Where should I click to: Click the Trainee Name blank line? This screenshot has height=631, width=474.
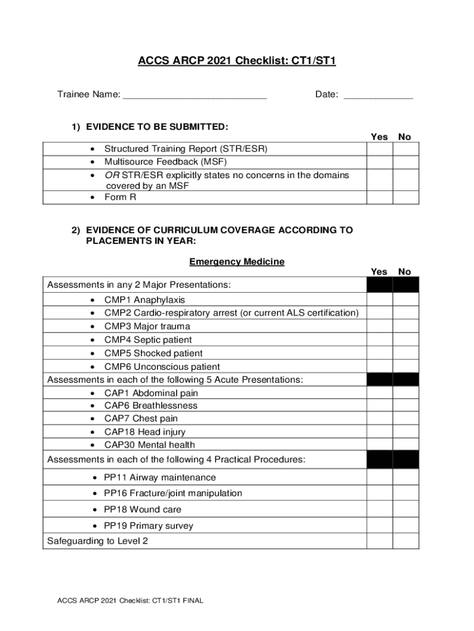tap(195, 96)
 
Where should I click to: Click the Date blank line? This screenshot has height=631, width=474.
tap(378, 96)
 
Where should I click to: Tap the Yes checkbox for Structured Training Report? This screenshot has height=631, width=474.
tap(380, 149)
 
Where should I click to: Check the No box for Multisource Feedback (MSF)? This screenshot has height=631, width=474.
tap(406, 162)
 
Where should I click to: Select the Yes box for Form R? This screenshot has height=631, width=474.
tap(380, 197)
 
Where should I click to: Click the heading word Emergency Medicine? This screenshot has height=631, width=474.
tap(237, 262)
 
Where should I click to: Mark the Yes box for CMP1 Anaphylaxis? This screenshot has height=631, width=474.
tap(380, 299)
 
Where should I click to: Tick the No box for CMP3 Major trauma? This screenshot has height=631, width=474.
tap(406, 326)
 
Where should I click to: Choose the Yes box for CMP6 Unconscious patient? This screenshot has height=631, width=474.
tap(380, 366)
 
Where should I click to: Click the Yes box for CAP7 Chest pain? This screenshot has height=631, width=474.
tap(380, 418)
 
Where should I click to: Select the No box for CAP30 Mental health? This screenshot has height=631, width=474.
tap(406, 444)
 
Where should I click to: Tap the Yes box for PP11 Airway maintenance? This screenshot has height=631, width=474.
tap(380, 478)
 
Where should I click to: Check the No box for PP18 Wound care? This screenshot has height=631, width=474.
tap(406, 510)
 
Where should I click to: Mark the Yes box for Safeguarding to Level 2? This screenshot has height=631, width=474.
tap(380, 541)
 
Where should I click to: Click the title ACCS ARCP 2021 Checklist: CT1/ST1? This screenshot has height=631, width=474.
tap(237, 61)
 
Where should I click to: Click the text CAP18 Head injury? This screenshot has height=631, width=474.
tap(145, 432)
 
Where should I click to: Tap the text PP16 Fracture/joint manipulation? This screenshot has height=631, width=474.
tap(173, 493)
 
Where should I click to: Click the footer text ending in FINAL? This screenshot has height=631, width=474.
tap(130, 600)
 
